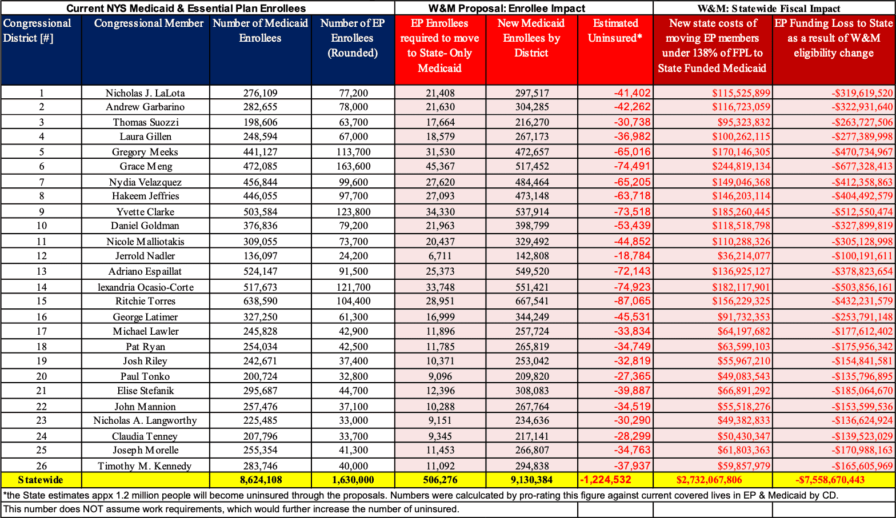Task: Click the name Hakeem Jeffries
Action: [x=145, y=196]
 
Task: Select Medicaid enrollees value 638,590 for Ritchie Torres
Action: [x=260, y=301]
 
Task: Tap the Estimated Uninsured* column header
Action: [x=615, y=30]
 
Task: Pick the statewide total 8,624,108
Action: [x=261, y=480]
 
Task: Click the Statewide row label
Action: [x=41, y=480]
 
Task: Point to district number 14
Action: [x=42, y=287]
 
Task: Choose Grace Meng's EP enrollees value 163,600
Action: [x=353, y=166]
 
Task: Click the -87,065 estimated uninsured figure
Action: [x=633, y=301]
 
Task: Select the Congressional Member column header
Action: [x=149, y=23]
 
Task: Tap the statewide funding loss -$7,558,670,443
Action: [x=830, y=480]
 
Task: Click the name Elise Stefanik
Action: [x=145, y=391]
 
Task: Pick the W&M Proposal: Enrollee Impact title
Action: [x=507, y=8]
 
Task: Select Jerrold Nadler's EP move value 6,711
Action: [x=440, y=256]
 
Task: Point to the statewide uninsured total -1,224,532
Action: [x=606, y=480]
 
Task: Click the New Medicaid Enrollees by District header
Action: [x=531, y=38]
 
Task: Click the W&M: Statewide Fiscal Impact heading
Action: [x=769, y=8]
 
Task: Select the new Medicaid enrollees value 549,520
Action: [x=531, y=271]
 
